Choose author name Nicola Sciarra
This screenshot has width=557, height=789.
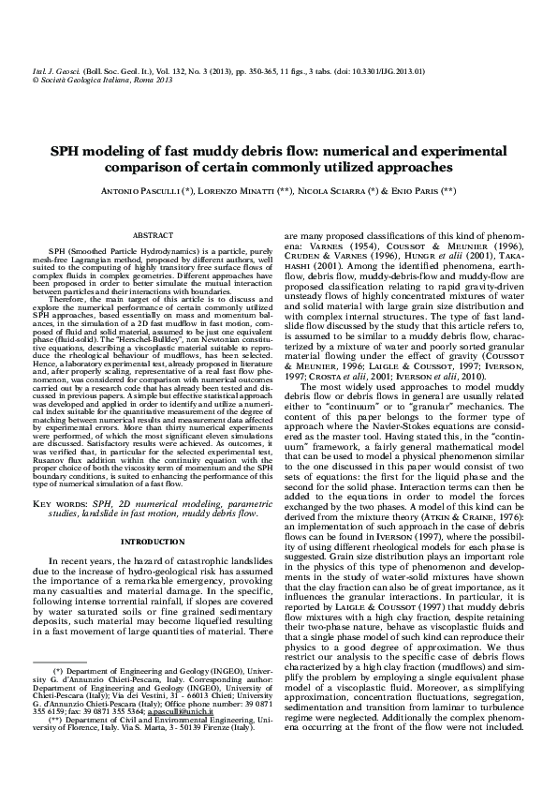[x=353, y=191]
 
